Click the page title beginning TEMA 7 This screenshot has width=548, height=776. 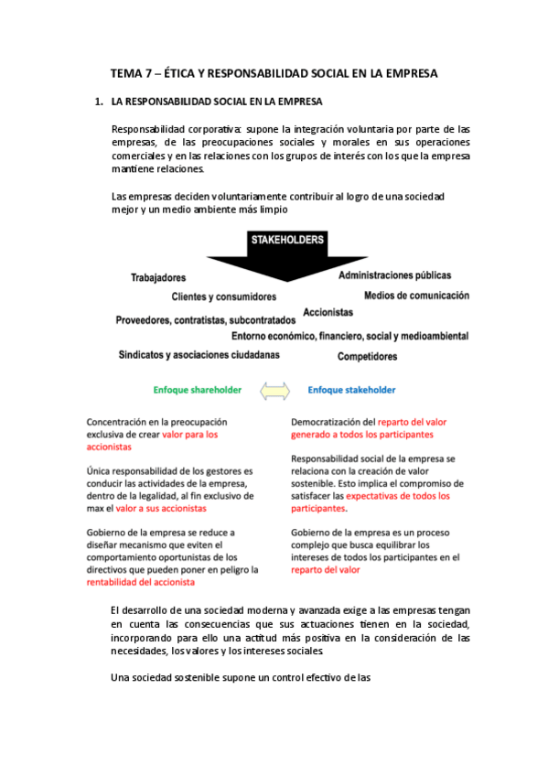click(274, 72)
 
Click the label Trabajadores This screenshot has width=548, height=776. click(158, 277)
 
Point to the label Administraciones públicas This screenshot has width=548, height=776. click(394, 275)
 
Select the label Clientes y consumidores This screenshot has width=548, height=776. click(223, 297)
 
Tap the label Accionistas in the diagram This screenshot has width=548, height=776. click(328, 312)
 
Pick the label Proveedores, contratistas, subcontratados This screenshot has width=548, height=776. click(206, 320)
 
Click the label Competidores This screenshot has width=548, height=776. click(367, 356)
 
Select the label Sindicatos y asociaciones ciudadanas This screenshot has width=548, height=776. click(199, 354)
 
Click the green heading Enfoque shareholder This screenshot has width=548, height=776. click(198, 390)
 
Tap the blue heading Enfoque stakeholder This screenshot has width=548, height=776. click(351, 390)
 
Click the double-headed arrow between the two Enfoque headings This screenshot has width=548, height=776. click(274, 391)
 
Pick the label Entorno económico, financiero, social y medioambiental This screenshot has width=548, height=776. click(349, 336)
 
